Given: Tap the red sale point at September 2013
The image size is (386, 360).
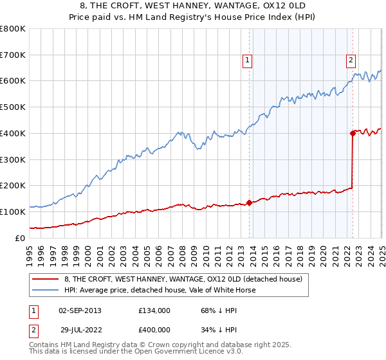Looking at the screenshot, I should point(250,203).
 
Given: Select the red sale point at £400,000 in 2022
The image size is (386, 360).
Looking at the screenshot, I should point(353,133).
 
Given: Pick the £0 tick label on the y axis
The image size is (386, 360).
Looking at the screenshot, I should point(20,238).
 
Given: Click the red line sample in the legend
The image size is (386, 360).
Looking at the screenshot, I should point(45,279).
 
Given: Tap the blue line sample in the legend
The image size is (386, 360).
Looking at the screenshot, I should point(45,290).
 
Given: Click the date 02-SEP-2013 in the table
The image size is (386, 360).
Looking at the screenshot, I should point(80,310).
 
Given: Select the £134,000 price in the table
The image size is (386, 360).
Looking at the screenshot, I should point(154,310).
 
